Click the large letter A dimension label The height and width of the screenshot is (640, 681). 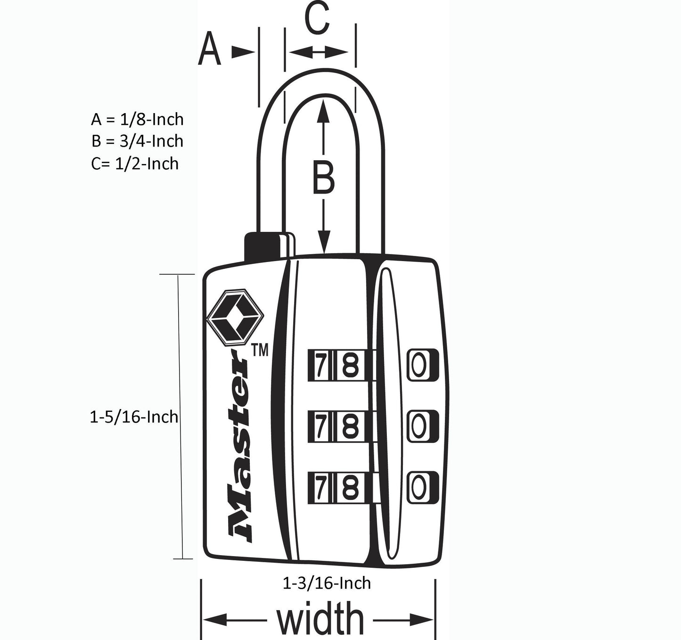[209, 48]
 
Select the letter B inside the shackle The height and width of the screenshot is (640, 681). [323, 178]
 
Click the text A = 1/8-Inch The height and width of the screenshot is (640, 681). [137, 119]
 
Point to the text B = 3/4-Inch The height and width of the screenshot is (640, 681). [137, 141]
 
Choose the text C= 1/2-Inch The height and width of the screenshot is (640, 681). [135, 163]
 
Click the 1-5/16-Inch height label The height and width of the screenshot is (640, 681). [134, 417]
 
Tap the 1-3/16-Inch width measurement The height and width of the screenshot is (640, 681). [327, 583]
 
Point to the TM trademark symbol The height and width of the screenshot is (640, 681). [260, 351]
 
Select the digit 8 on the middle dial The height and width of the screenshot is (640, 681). [351, 427]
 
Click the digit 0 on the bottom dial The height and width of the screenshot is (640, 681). [419, 487]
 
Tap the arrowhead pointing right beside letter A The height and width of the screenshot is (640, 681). [243, 52]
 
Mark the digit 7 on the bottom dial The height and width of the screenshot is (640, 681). [320, 487]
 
